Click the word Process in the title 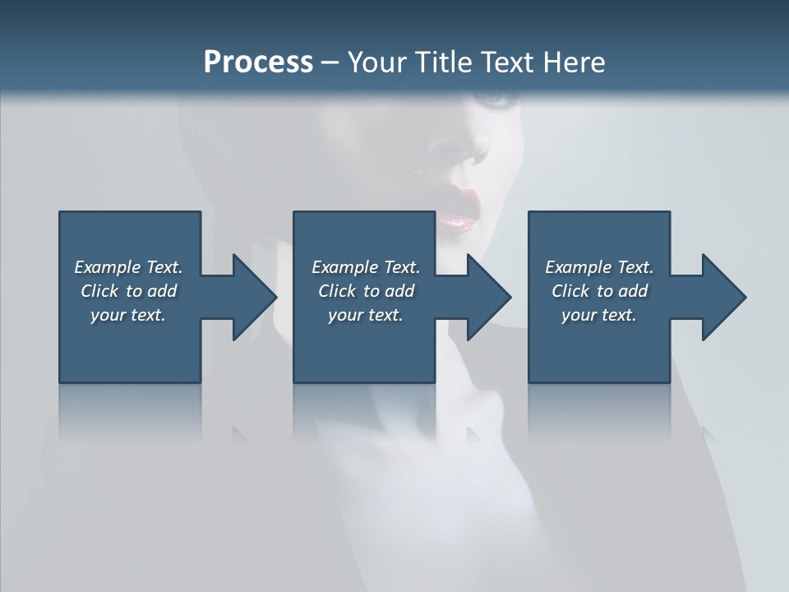[258, 62]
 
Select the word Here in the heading [573, 62]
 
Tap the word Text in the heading [505, 62]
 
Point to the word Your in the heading [379, 62]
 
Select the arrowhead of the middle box [487, 297]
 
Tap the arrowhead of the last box [722, 297]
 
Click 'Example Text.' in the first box [128, 267]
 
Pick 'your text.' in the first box [128, 315]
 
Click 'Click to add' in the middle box [366, 291]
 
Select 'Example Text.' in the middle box [366, 267]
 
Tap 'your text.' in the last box [599, 315]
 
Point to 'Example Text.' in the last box [599, 267]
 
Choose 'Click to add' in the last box [599, 291]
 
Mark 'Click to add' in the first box [128, 291]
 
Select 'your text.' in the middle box [366, 315]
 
